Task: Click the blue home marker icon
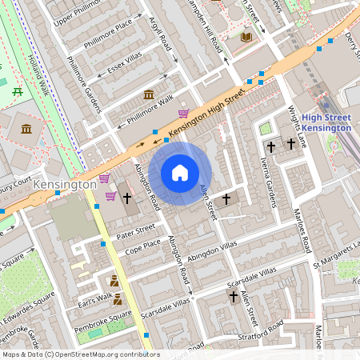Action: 180,173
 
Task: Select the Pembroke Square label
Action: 103,319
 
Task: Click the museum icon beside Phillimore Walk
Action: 149,95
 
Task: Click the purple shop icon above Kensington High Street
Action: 184,114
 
